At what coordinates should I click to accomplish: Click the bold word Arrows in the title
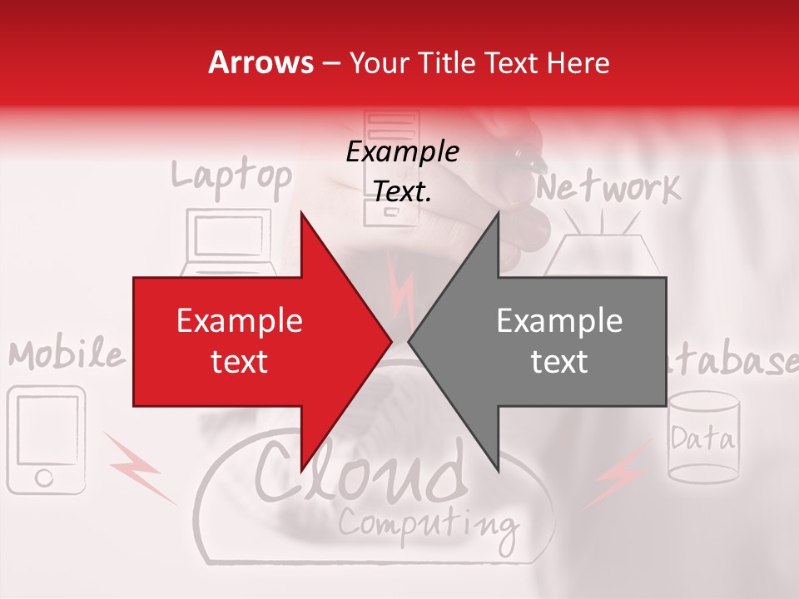(x=261, y=62)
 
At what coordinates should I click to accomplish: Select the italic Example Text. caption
(x=403, y=171)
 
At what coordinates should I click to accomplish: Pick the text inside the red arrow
(x=240, y=341)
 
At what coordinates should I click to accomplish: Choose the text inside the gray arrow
(x=559, y=341)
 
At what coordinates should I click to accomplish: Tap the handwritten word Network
(x=608, y=189)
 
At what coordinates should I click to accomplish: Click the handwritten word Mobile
(x=67, y=355)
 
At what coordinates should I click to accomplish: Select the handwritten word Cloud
(x=359, y=475)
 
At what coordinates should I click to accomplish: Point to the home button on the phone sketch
(x=44, y=478)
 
